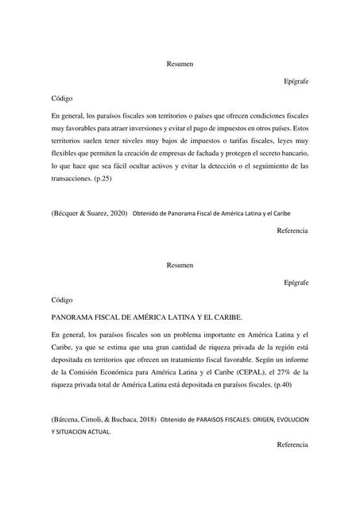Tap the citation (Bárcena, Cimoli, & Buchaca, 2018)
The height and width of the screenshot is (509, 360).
click(103, 418)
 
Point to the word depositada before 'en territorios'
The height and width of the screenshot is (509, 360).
click(70, 358)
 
